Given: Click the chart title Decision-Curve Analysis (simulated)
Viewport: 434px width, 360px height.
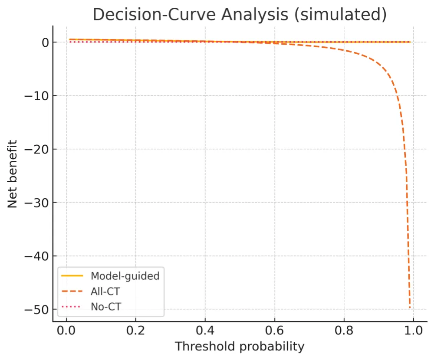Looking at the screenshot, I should [240, 14].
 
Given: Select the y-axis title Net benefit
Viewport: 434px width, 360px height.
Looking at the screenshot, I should [13, 173].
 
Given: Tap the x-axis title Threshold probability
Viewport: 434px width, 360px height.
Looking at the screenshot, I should [240, 347].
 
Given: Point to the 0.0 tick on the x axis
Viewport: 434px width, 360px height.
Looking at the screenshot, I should [66, 332].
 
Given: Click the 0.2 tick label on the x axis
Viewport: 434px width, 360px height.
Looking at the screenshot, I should [135, 332].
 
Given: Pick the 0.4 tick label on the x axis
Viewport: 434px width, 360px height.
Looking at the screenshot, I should [205, 332].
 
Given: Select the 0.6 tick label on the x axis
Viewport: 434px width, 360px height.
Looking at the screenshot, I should [274, 332].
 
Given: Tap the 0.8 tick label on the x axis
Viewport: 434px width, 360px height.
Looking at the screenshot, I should [344, 332].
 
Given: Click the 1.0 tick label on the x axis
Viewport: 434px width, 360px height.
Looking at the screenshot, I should [413, 332].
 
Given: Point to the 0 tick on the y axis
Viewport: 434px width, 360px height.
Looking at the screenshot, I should [44, 43].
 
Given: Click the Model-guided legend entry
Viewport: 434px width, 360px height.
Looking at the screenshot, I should [125, 275].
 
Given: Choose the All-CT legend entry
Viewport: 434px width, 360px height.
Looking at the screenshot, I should [105, 291].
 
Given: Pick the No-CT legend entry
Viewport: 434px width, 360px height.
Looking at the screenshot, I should [105, 307].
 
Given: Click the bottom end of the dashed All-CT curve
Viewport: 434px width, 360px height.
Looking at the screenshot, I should [410, 308].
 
